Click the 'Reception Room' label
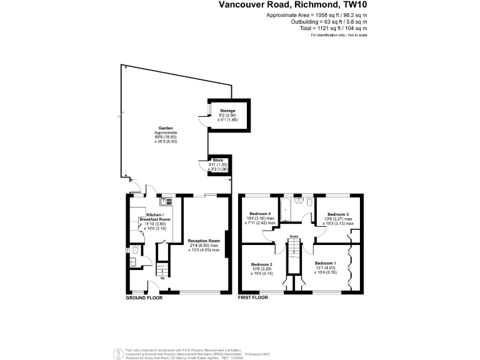205,240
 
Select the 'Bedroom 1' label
325,263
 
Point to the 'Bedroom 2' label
262,263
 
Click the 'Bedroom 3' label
338,214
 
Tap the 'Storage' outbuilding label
227,111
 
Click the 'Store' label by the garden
217,160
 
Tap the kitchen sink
166,201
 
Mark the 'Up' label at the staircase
163,279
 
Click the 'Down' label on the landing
292,236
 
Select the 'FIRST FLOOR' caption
253,298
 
